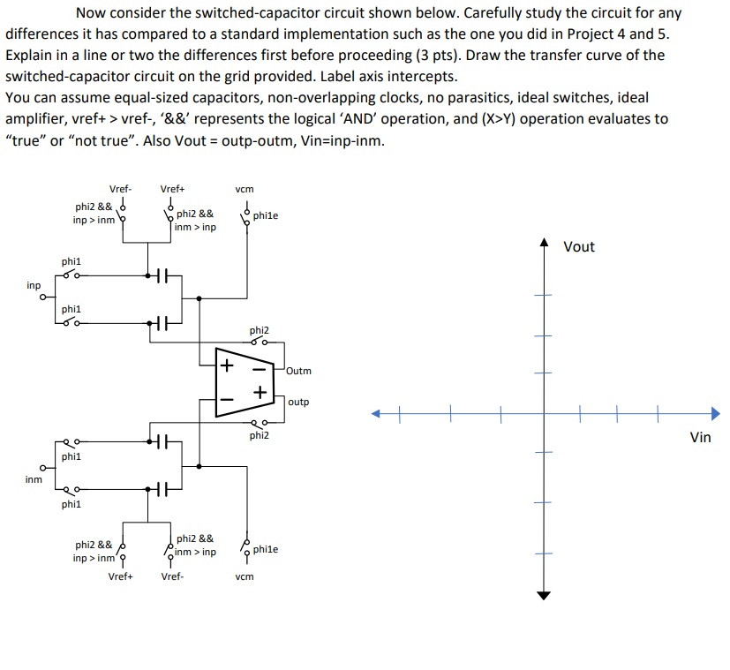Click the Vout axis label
tap(578, 246)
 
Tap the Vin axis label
tap(699, 436)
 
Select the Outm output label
tap(298, 372)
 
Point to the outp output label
tap(298, 402)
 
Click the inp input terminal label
tap(34, 285)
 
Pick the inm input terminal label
tap(34, 479)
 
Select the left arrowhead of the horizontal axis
tap(376, 412)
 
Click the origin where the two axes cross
tap(544, 412)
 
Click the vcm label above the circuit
tap(245, 188)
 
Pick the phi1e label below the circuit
tap(265, 549)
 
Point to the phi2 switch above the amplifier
tap(259, 342)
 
